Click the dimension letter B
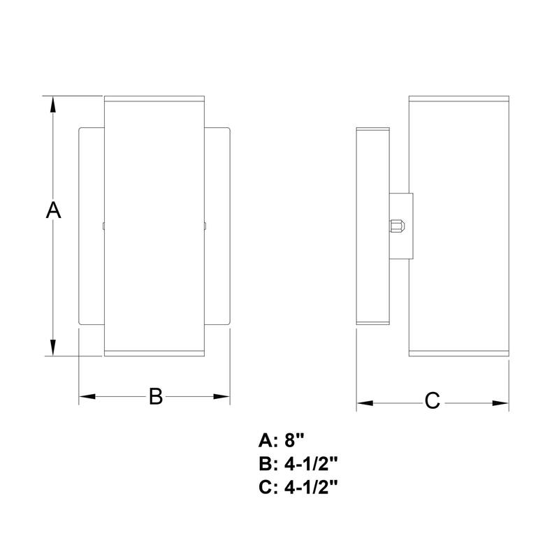(x=155, y=397)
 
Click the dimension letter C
(x=433, y=402)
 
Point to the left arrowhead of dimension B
(x=86, y=397)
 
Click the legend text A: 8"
(x=282, y=440)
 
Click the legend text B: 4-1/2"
(x=298, y=463)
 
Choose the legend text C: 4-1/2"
(x=298, y=486)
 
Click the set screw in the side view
(x=396, y=226)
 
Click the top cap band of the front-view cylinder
(x=154, y=98)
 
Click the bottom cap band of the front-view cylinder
(x=154, y=352)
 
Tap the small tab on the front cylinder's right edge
(x=205, y=226)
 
